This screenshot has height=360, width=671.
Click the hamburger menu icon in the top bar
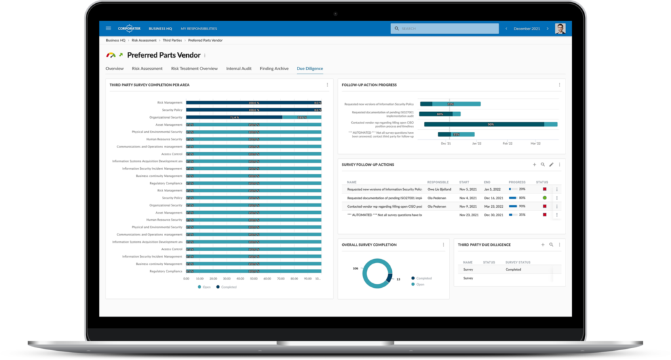pos(108,29)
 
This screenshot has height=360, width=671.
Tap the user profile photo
pos(560,29)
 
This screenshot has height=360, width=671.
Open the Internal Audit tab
pos(239,68)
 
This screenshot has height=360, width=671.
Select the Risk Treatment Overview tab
pos(194,68)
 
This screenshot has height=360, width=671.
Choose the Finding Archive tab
pos(274,68)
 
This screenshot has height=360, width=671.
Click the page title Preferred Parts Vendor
pos(164,56)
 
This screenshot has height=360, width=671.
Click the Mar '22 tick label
pos(535,143)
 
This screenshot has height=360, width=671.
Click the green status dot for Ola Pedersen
pos(545,197)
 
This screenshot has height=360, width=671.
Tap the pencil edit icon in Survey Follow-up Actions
pos(551,165)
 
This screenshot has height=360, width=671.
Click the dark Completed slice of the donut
pos(389,279)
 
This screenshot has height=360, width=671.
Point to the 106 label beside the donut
pos(355,268)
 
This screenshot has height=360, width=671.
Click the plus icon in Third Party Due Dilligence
pos(543,245)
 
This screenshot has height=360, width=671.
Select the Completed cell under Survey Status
pos(514,270)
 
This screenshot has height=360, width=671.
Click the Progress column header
pos(517,182)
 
